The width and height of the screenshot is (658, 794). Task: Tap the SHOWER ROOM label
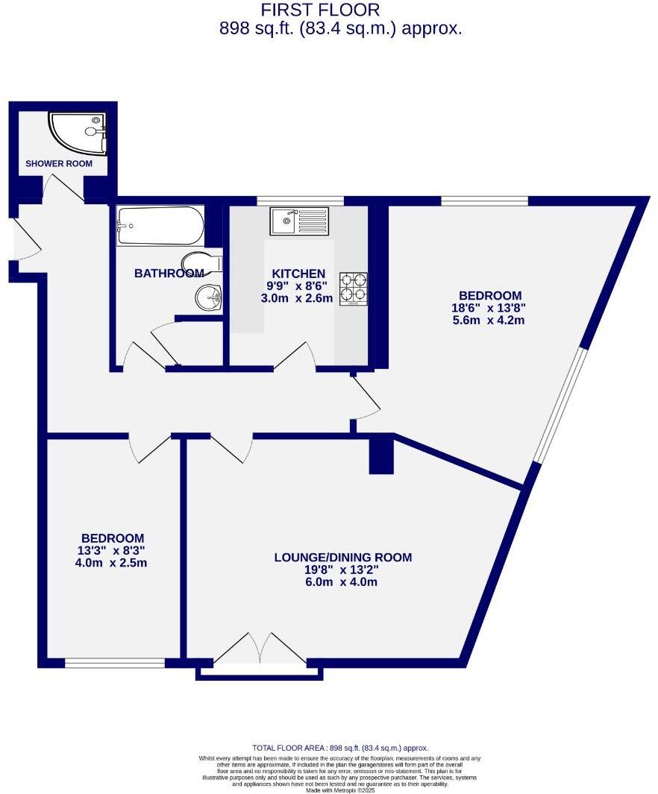[59, 164]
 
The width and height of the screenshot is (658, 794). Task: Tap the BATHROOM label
[169, 274]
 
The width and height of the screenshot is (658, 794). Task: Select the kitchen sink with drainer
[299, 221]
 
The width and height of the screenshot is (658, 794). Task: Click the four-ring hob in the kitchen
[354, 289]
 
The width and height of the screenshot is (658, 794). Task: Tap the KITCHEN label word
[298, 274]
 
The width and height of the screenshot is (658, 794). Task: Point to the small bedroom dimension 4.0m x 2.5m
[112, 563]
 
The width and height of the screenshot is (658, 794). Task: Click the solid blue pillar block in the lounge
[381, 456]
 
